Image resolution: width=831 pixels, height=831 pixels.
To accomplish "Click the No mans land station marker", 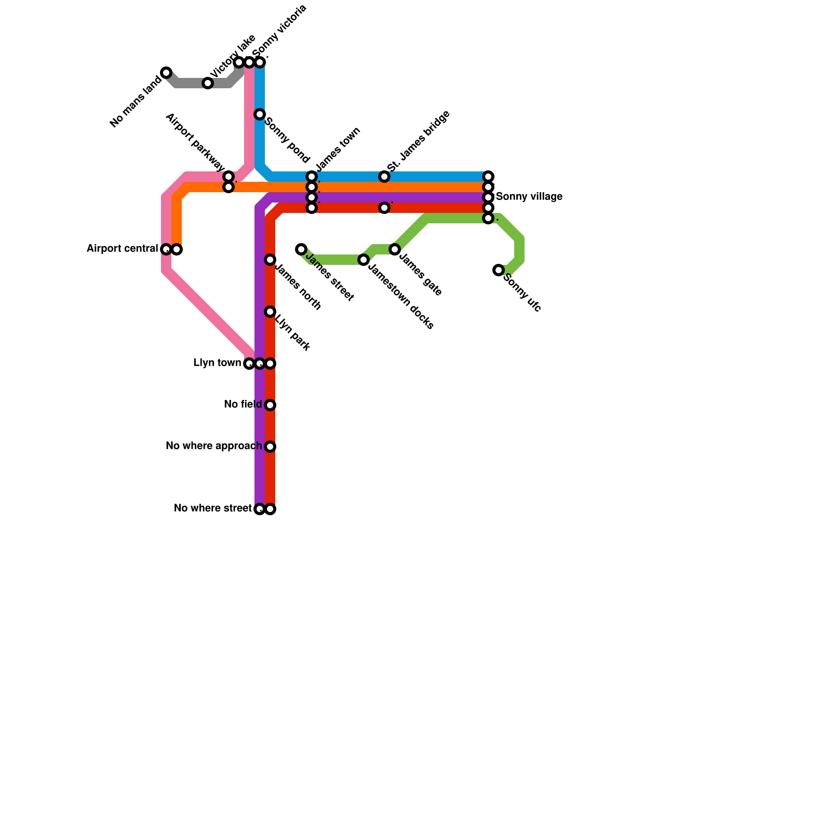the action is [x=166, y=73].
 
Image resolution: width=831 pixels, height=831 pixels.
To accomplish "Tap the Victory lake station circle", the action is [x=208, y=83].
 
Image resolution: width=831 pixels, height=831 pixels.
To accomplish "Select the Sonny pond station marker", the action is [x=260, y=114].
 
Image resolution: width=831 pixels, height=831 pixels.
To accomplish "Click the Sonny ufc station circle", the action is [x=499, y=270].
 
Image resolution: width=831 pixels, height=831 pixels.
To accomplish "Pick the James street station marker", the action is [x=301, y=249].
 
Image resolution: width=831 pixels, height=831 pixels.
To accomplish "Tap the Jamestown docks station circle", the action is [x=364, y=260].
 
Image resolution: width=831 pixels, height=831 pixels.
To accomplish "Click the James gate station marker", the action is [x=395, y=249].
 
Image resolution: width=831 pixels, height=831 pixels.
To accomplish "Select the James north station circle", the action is [x=270, y=260].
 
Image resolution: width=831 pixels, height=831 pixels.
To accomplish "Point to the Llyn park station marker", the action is [x=270, y=312].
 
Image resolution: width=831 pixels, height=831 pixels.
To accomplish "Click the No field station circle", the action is [x=270, y=405].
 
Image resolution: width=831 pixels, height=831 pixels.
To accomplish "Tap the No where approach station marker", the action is [x=270, y=447].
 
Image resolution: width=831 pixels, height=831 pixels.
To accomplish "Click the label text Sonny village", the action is [x=529, y=197].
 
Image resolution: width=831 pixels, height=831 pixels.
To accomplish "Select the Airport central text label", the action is [x=122, y=249].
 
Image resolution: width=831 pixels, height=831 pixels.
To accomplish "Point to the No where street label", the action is [x=212, y=508].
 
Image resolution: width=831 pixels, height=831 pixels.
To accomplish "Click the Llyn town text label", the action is [x=217, y=363].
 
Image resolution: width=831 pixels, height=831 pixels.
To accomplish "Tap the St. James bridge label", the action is [x=419, y=141].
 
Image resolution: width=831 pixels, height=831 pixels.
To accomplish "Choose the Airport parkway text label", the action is [x=195, y=142].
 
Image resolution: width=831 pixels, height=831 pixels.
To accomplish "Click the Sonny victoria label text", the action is [x=280, y=31].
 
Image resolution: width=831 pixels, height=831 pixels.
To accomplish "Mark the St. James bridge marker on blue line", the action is [x=384, y=177].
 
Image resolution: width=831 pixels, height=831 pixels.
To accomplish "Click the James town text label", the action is [x=338, y=149].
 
